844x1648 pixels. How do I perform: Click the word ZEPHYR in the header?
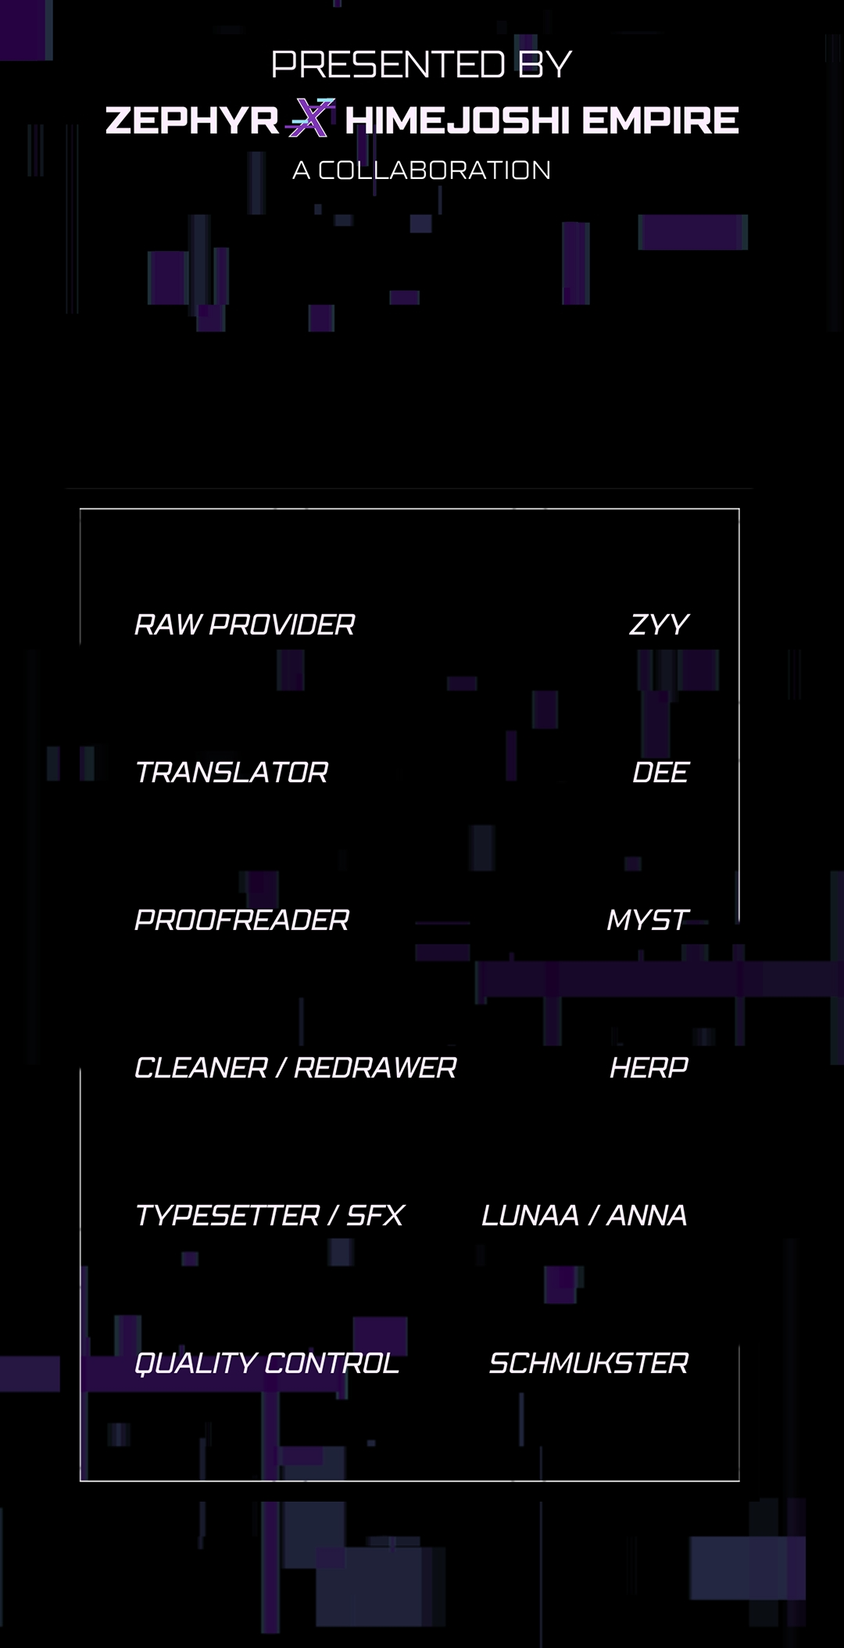click(x=192, y=120)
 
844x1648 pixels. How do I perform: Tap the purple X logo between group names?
click(x=310, y=118)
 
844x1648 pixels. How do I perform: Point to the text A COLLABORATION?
click(x=422, y=170)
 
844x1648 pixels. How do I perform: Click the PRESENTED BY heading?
click(x=422, y=65)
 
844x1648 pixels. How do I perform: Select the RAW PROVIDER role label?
click(x=245, y=625)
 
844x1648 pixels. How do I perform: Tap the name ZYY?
click(x=659, y=625)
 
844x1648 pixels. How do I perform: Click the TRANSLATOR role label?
click(x=231, y=773)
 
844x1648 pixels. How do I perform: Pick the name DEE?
click(x=660, y=773)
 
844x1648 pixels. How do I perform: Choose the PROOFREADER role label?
click(x=241, y=921)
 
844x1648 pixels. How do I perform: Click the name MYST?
click(x=648, y=921)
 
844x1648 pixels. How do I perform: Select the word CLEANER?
click(x=201, y=1068)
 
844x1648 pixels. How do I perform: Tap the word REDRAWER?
click(x=375, y=1068)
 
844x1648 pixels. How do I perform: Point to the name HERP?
click(x=649, y=1068)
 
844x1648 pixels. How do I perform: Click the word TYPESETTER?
click(x=227, y=1216)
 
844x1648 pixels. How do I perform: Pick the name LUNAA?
click(x=530, y=1216)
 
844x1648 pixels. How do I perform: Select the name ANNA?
click(x=647, y=1216)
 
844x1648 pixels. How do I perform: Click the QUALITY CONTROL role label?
click(x=266, y=1364)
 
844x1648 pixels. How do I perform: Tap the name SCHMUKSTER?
click(x=588, y=1364)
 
